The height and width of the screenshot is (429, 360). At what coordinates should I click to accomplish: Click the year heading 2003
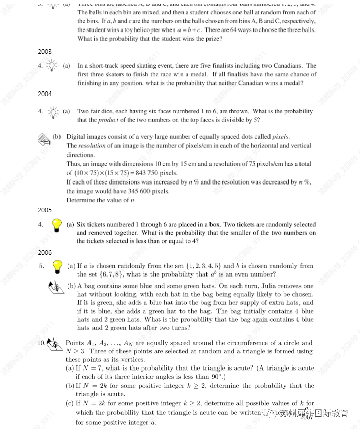click(x=45, y=52)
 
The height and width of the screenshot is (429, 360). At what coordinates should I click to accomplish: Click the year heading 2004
click(x=45, y=94)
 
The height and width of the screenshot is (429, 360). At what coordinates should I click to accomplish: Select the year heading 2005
click(x=45, y=210)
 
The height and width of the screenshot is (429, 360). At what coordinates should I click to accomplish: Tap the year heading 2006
click(x=45, y=252)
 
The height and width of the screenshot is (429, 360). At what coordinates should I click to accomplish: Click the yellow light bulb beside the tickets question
click(x=57, y=225)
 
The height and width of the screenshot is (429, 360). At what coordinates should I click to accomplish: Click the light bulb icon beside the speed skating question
click(x=52, y=66)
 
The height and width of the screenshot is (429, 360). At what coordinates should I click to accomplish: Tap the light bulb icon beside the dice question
click(x=52, y=112)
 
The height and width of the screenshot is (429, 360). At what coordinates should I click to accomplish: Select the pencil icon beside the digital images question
click(x=44, y=138)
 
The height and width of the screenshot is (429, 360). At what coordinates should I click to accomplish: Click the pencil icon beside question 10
click(x=53, y=344)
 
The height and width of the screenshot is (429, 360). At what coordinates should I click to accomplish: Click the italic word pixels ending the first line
click(x=280, y=137)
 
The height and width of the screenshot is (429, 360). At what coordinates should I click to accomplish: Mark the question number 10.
click(x=42, y=343)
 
